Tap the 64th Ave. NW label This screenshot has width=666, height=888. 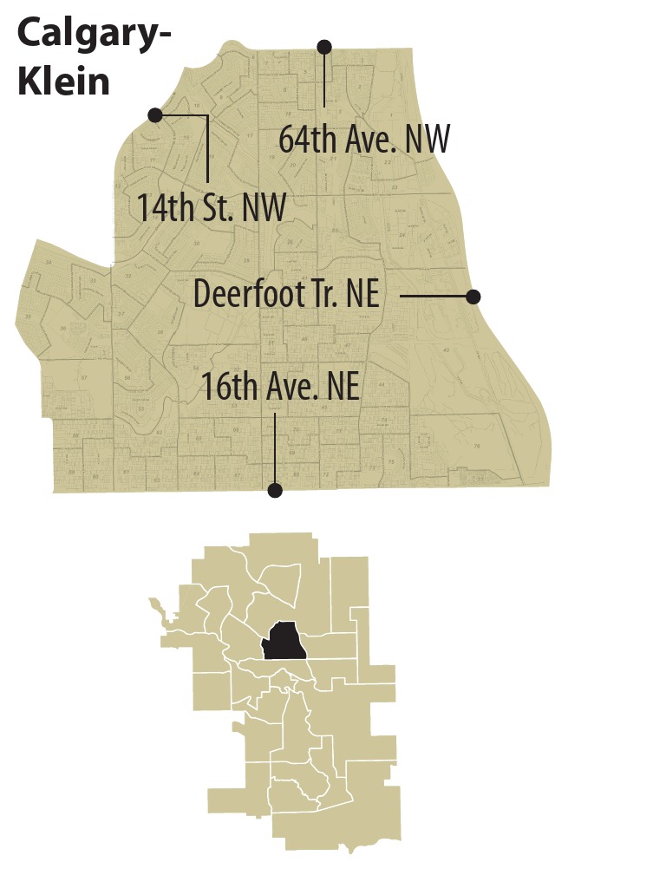(365, 139)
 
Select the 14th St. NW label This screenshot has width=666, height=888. (212, 208)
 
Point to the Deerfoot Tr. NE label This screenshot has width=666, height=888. (286, 293)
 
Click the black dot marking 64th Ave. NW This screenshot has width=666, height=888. (324, 46)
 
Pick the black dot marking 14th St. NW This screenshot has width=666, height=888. (155, 114)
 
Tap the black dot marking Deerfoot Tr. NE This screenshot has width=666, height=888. (473, 297)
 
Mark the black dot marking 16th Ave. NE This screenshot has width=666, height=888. (275, 491)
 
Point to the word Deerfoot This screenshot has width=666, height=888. (251, 293)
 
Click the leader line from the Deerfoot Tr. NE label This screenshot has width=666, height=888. (434, 297)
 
